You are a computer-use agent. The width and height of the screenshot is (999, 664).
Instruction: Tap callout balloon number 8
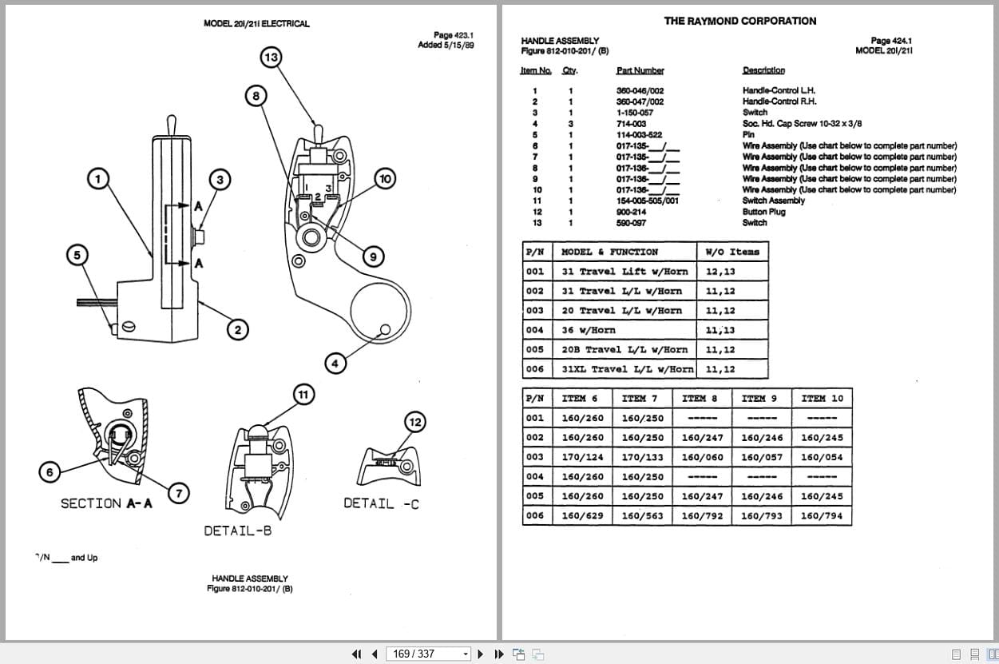click(x=256, y=96)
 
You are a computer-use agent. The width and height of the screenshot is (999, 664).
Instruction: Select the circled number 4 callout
click(x=335, y=364)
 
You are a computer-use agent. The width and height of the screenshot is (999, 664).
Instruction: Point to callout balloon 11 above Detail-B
click(x=303, y=395)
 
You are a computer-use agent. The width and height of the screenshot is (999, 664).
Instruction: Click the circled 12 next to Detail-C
click(x=415, y=422)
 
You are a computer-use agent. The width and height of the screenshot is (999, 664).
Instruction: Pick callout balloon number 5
click(x=77, y=256)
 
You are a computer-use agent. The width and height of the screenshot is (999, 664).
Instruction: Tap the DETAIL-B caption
click(x=237, y=531)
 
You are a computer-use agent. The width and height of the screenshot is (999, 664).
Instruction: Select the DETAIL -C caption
click(x=381, y=503)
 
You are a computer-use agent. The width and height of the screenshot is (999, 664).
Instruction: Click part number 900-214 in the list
click(x=631, y=212)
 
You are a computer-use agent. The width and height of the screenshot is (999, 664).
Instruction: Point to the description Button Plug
click(x=763, y=212)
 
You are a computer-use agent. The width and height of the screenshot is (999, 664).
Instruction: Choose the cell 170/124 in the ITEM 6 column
click(x=582, y=457)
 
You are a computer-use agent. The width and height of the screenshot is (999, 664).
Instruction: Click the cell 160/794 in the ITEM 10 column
click(x=821, y=515)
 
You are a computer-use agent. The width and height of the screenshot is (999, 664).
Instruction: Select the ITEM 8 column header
click(x=700, y=398)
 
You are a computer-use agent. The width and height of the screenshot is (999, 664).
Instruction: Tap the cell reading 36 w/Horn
click(x=589, y=330)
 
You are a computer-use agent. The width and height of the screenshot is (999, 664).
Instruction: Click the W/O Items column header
click(x=732, y=252)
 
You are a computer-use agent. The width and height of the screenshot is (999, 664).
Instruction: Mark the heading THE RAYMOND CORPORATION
click(x=740, y=21)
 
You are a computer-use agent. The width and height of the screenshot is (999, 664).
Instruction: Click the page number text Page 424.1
click(x=891, y=40)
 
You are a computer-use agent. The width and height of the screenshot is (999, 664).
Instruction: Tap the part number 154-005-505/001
click(x=647, y=201)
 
